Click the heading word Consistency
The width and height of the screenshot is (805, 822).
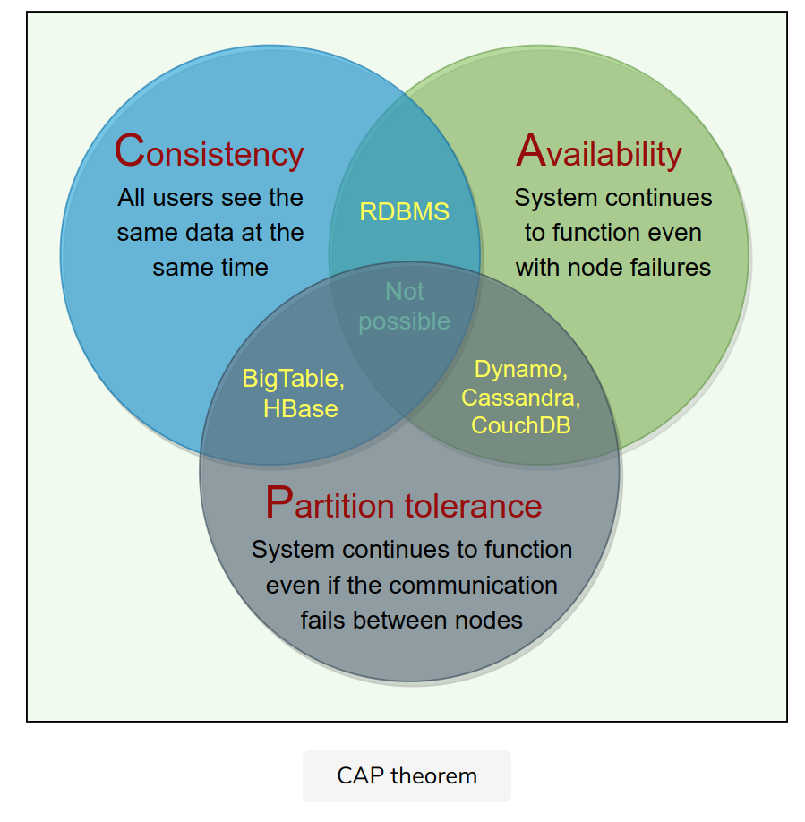pyautogui.click(x=210, y=152)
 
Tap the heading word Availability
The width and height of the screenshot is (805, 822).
pyautogui.click(x=598, y=152)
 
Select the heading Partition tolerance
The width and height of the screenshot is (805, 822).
pyautogui.click(x=403, y=505)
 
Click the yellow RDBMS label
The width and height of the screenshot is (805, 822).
pyautogui.click(x=404, y=212)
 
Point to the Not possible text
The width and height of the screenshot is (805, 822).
pyautogui.click(x=405, y=306)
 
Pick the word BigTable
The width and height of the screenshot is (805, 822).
pyautogui.click(x=293, y=379)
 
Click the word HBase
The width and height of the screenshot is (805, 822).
pyautogui.click(x=300, y=409)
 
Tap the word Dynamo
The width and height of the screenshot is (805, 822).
pyautogui.click(x=520, y=369)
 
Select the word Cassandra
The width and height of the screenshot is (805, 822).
pyautogui.click(x=520, y=397)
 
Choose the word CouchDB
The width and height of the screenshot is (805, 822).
pyautogui.click(x=520, y=425)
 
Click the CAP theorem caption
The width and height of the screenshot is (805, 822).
pyautogui.click(x=407, y=775)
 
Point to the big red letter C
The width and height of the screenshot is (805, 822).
pyautogui.click(x=129, y=150)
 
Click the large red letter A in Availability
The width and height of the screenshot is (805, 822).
pyautogui.click(x=530, y=150)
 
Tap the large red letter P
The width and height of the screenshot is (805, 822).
pyautogui.click(x=278, y=503)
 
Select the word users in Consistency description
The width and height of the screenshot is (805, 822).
pyautogui.click(x=185, y=197)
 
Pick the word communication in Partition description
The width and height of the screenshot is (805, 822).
pyautogui.click(x=473, y=585)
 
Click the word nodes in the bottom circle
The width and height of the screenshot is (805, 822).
pyautogui.click(x=491, y=620)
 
